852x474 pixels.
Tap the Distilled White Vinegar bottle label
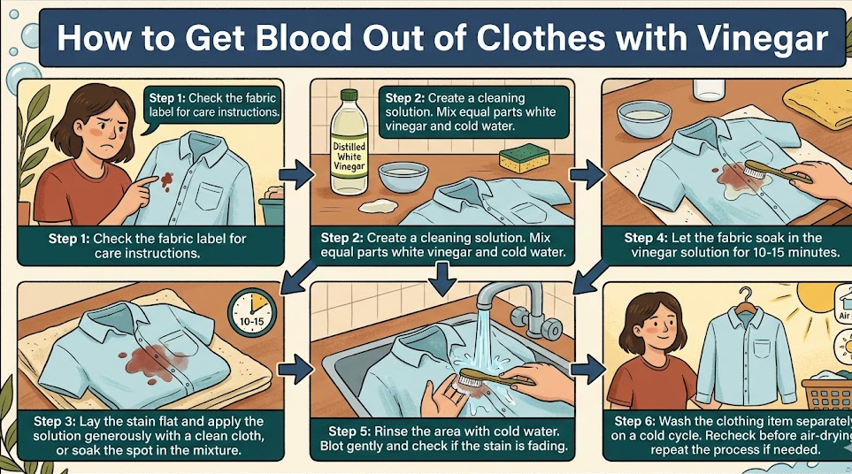coord(349,156)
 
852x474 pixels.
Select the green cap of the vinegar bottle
coord(349,94)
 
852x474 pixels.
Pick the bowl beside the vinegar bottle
coord(403,177)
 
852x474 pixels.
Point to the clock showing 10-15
coord(251,312)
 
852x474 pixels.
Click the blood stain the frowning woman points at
coord(167,179)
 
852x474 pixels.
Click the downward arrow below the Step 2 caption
coord(442,279)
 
